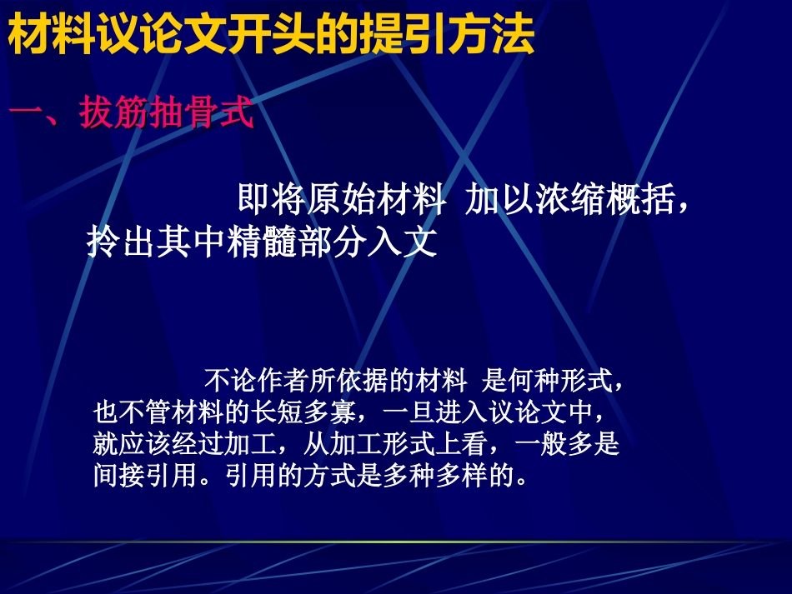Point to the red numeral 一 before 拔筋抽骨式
click(29, 114)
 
